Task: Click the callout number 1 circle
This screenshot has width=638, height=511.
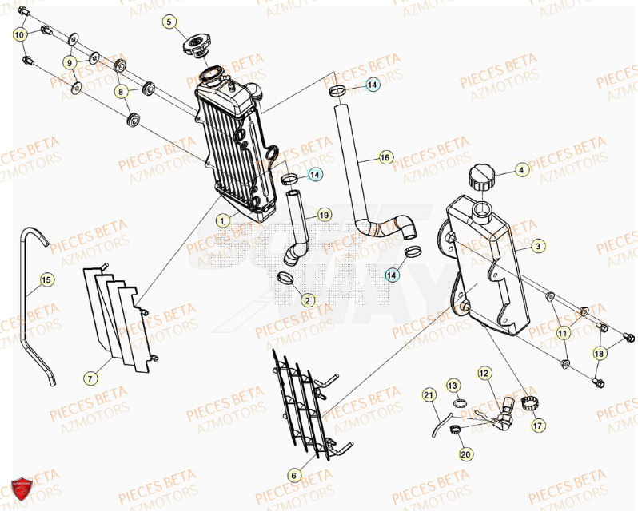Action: [224, 218]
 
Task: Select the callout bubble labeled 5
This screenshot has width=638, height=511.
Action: [169, 22]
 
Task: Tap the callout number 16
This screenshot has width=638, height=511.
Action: [385, 158]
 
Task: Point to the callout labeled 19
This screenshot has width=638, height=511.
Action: [323, 215]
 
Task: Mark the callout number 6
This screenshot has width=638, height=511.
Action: [293, 476]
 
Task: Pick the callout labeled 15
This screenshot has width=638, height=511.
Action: [46, 279]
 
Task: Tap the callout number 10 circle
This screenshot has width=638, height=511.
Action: [19, 34]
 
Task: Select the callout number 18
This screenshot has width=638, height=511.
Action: [599, 353]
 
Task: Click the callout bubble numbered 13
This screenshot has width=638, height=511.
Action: [453, 386]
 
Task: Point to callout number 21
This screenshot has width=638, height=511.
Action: [428, 395]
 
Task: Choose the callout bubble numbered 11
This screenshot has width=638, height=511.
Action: [564, 332]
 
